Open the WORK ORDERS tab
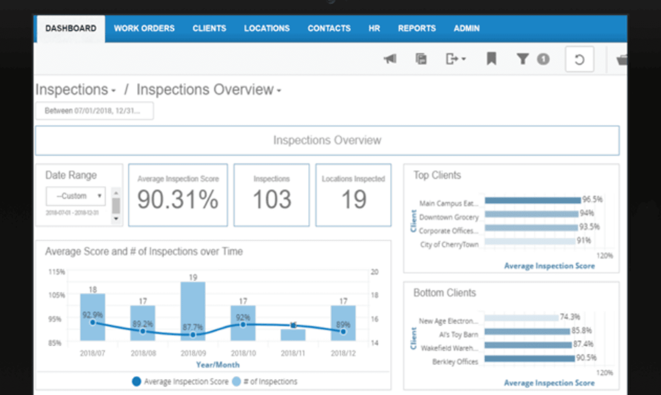point(144,28)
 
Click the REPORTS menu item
point(416,28)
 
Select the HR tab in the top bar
point(374,28)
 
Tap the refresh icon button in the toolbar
point(579,59)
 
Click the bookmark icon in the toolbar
point(491,59)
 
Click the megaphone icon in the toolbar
point(390,59)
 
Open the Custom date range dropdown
point(76,196)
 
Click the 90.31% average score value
point(178,200)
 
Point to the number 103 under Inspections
point(271,200)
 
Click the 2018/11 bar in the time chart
point(293,334)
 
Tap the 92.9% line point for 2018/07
point(93,323)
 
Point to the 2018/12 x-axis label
point(343,353)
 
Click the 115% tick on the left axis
point(57,272)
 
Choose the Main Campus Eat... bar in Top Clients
point(532,200)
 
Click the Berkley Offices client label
point(455,362)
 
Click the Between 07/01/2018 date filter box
point(94,111)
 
